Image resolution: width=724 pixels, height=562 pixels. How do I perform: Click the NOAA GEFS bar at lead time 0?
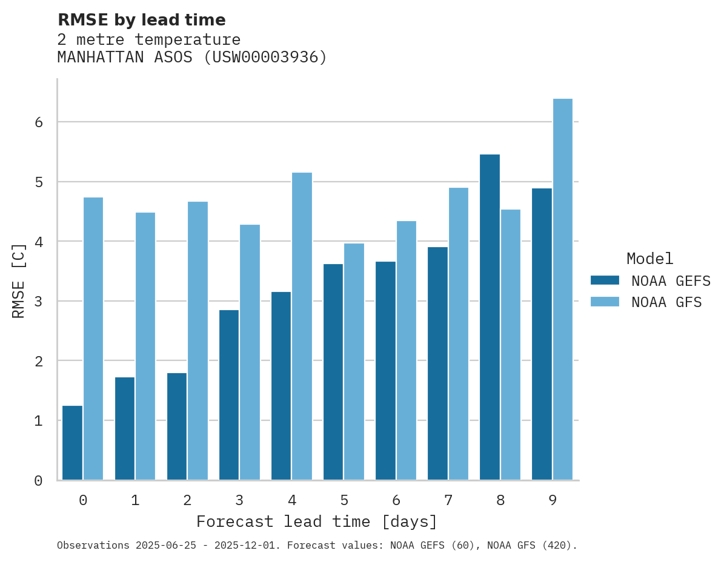pyautogui.click(x=72, y=443)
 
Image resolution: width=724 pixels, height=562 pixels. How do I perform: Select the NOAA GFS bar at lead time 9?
pyautogui.click(x=563, y=289)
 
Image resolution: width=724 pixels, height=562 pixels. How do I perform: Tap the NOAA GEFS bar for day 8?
pyautogui.click(x=490, y=317)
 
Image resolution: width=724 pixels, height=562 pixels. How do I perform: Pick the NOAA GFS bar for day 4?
pyautogui.click(x=302, y=326)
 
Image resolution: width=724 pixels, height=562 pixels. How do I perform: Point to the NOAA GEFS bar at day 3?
pyautogui.click(x=229, y=395)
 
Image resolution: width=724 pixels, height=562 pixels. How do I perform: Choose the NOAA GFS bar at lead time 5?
pyautogui.click(x=354, y=362)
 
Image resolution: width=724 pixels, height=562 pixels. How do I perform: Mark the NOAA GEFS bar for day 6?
pyautogui.click(x=385, y=371)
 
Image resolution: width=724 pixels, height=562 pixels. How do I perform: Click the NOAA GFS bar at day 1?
pyautogui.click(x=145, y=346)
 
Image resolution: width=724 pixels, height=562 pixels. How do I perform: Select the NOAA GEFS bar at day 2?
pyautogui.click(x=177, y=426)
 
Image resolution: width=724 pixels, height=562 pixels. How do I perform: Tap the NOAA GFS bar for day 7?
pyautogui.click(x=458, y=334)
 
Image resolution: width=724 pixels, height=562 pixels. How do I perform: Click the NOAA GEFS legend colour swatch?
pyautogui.click(x=605, y=280)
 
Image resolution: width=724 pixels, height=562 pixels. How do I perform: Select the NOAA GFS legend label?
pyautogui.click(x=666, y=302)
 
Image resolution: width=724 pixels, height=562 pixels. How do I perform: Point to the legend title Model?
pyautogui.click(x=649, y=259)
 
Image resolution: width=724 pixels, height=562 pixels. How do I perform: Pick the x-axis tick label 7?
pyautogui.click(x=448, y=500)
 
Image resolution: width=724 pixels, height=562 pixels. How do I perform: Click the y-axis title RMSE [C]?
pyautogui.click(x=19, y=280)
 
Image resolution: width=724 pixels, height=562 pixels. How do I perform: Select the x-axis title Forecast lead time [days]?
pyautogui.click(x=317, y=521)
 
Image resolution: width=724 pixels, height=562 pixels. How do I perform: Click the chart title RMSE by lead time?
pyautogui.click(x=142, y=20)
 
